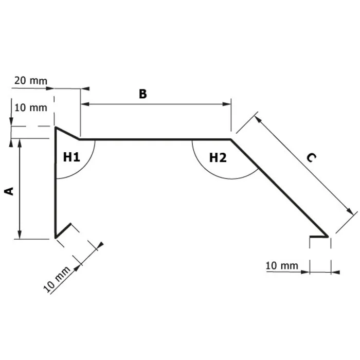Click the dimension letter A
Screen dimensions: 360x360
[x=9, y=191]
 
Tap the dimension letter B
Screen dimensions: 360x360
[x=142, y=94]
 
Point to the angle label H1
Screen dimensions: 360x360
[x=72, y=157]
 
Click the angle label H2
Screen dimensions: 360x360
[x=218, y=157]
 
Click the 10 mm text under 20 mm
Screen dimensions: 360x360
[x=31, y=107]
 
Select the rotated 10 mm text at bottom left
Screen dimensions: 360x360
[x=57, y=279]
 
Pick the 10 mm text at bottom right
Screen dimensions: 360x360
[x=282, y=265]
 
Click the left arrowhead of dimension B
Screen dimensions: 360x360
[x=84, y=104]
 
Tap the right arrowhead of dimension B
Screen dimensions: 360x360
[x=227, y=104]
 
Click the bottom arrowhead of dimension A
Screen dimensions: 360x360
[x=20, y=234]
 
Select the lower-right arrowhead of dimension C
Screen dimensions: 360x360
[x=353, y=212]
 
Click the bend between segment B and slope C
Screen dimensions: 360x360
[x=230, y=139]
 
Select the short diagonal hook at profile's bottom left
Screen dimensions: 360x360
[x=63, y=231]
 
